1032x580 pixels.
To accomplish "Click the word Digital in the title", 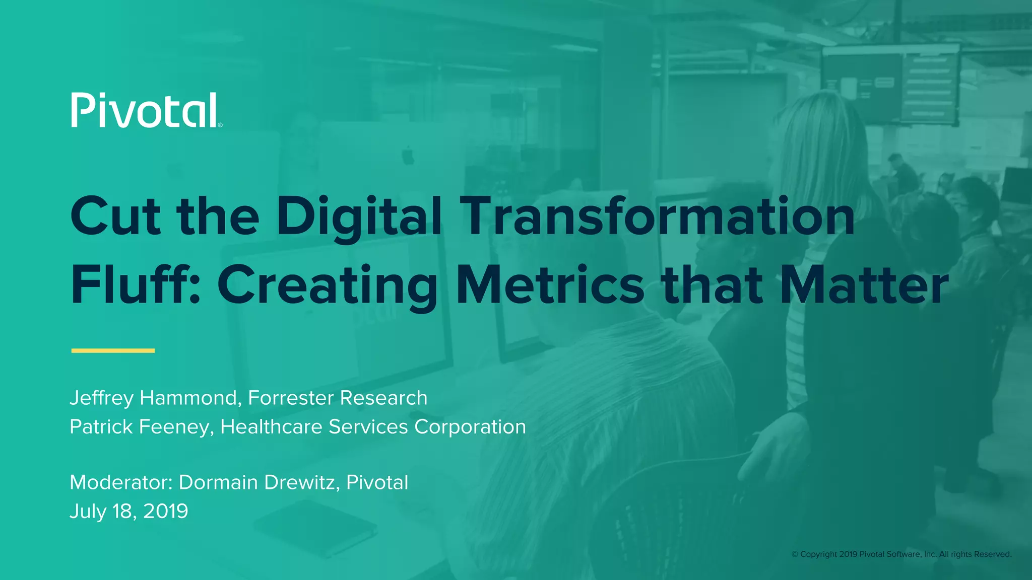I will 359,217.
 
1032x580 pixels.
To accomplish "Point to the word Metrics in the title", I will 550,285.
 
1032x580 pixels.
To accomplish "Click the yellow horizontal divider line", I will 113,350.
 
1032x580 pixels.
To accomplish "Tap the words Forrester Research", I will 338,398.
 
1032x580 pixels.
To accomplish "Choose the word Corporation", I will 470,427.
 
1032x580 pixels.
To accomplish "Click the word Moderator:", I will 121,482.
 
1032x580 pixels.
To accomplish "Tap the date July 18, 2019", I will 129,511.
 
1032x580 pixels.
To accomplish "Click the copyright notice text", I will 901,554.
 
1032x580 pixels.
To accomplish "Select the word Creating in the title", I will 328,285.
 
